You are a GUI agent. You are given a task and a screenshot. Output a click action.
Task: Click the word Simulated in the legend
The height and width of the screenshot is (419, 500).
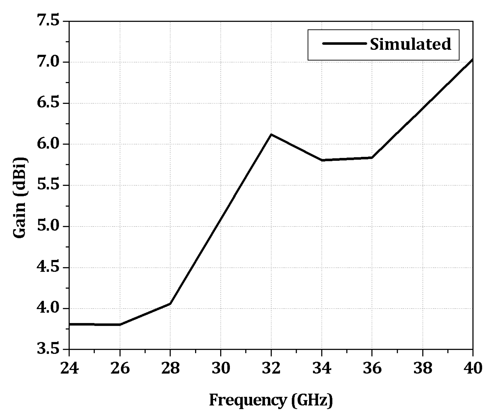410,44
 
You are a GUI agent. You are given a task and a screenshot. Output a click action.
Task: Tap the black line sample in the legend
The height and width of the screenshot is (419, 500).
344,43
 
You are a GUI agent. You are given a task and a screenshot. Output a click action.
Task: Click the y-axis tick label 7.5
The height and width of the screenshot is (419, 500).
49,21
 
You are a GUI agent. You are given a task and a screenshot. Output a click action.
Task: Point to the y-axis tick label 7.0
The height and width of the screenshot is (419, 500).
49,62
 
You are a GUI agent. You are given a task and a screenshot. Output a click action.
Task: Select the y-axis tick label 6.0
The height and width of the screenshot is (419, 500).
49,144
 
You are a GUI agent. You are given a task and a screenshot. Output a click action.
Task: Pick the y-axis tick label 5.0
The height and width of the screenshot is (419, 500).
49,226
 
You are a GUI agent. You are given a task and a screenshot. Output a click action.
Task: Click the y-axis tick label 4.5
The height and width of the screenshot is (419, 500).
49,268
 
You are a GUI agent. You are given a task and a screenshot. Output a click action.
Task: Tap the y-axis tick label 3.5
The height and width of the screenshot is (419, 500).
49,349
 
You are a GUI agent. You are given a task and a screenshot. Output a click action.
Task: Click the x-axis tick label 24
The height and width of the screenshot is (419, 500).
69,368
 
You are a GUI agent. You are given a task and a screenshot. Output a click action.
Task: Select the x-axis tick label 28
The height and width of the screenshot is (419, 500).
170,368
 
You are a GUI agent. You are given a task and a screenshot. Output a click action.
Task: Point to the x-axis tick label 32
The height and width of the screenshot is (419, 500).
271,368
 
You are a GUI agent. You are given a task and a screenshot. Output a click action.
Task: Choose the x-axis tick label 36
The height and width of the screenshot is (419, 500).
372,368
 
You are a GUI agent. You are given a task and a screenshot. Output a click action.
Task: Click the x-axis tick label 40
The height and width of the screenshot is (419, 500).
473,368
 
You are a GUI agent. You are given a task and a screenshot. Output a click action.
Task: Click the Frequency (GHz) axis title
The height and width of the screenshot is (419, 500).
271,400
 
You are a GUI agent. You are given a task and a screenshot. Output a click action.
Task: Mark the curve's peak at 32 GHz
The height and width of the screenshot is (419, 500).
271,134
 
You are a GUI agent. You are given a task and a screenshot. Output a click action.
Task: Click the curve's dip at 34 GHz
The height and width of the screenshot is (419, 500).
322,160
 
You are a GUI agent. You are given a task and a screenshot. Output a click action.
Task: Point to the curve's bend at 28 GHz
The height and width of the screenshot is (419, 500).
170,304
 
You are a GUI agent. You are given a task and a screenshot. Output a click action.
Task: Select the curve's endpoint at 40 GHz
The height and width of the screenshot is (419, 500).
472,59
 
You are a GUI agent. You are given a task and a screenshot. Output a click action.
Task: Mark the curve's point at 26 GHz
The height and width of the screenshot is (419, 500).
120,325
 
